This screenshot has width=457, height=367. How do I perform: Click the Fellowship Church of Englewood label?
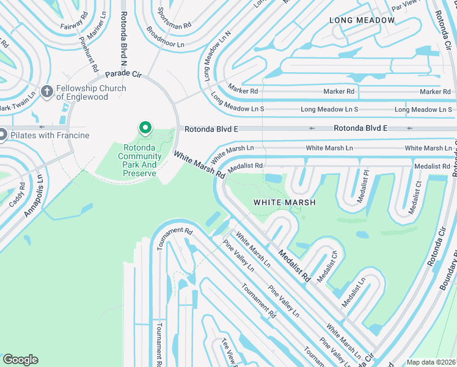(x=91, y=92)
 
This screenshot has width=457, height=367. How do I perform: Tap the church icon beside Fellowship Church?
(x=47, y=92)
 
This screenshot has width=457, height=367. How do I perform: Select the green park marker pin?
(x=145, y=128)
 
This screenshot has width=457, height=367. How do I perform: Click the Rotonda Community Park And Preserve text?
(x=140, y=160)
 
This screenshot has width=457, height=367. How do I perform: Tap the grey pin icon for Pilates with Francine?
(x=2, y=135)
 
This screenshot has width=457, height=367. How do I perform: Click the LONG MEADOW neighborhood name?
(x=362, y=20)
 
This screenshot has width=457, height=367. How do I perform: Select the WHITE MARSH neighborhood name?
(x=285, y=202)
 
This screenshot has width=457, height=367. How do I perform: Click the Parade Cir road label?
(x=123, y=75)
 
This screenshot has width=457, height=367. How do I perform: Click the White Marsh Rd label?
(x=199, y=165)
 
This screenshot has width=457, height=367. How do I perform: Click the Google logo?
(x=20, y=360)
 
